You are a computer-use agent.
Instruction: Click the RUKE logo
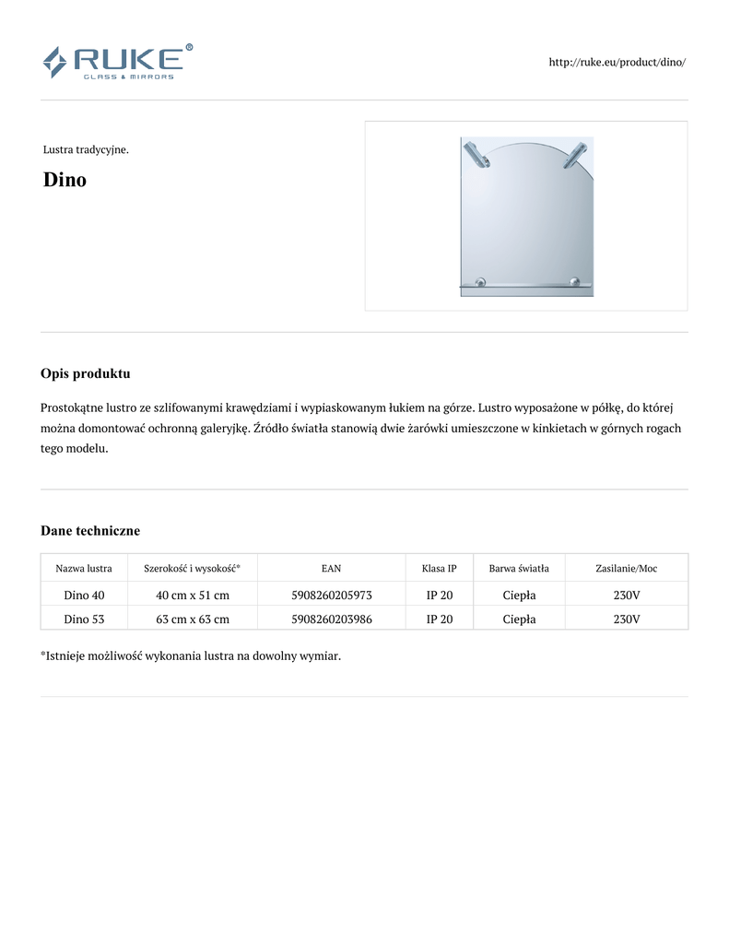point(117,62)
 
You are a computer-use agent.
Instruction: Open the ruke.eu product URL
point(617,62)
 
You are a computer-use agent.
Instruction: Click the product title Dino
point(65,180)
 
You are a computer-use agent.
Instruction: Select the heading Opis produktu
point(85,373)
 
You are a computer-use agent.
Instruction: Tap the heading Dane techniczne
point(90,530)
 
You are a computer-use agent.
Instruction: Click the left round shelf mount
point(479,281)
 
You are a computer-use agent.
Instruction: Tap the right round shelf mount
point(575,281)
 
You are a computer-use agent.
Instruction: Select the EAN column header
point(331,568)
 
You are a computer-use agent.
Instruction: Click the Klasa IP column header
point(439,568)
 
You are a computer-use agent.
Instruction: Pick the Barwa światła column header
point(519,568)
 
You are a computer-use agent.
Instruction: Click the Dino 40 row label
point(84,596)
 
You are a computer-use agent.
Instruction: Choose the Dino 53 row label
point(84,619)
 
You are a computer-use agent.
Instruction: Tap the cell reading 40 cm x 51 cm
point(193,596)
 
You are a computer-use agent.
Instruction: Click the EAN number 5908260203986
point(331,619)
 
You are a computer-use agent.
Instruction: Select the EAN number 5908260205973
point(331,596)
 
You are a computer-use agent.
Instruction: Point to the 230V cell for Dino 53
point(627,619)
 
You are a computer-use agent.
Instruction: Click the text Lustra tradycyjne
point(86,149)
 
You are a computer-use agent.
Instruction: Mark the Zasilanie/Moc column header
point(627,568)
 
